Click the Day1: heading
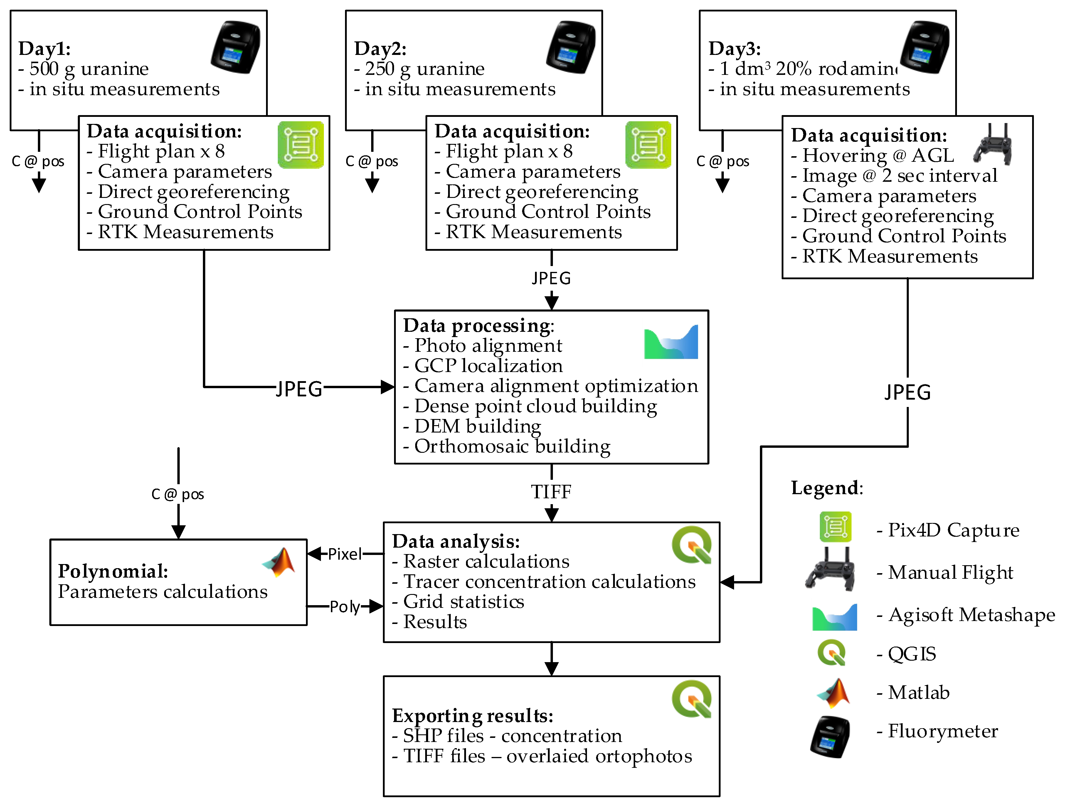[x=44, y=49]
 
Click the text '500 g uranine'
[x=89, y=69]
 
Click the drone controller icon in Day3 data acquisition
[x=992, y=144]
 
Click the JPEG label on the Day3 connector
[x=908, y=392]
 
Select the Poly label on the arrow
[x=344, y=607]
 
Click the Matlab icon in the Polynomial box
[x=279, y=562]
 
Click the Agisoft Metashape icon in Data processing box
[x=671, y=342]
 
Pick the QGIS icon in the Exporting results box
[x=692, y=699]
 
